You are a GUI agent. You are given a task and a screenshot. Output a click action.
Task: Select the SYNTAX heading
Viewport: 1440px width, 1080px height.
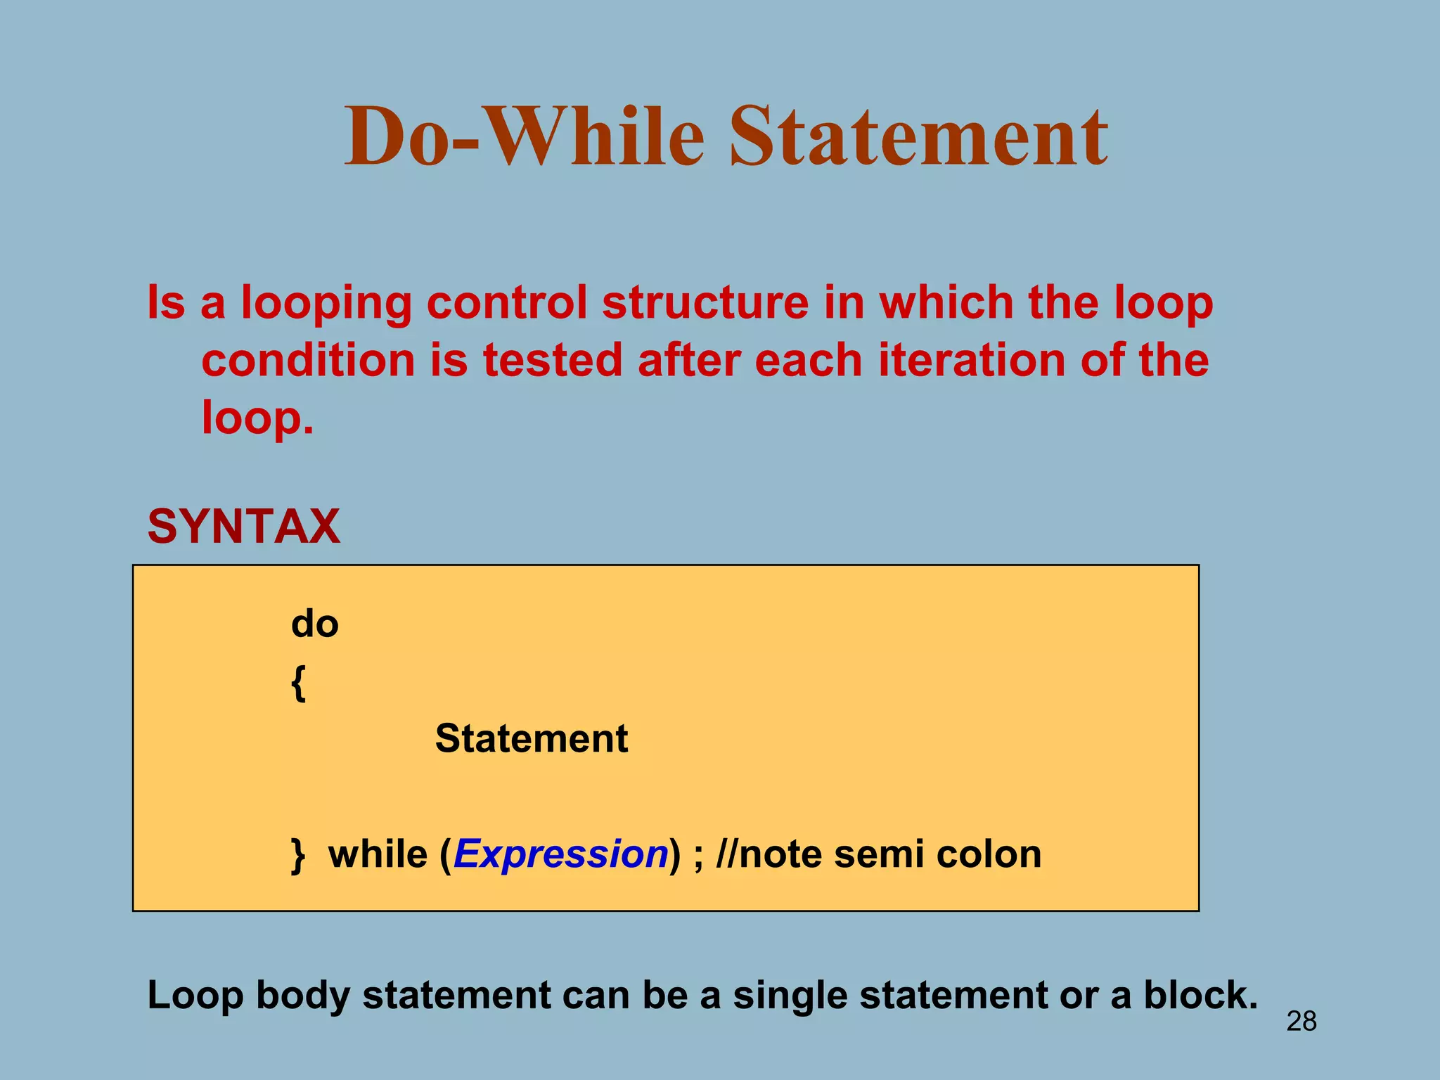click(243, 526)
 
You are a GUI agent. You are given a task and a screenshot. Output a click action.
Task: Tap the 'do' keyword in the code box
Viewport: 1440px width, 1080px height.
click(314, 624)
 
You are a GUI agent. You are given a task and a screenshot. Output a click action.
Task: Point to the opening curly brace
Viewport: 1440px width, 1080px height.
click(298, 683)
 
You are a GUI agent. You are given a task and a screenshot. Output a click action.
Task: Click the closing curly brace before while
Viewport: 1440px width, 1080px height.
click(298, 855)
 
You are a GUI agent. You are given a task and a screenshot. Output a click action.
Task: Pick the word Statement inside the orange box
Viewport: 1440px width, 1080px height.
click(531, 739)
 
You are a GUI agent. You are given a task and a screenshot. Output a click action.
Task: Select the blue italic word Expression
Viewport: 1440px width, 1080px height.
click(560, 854)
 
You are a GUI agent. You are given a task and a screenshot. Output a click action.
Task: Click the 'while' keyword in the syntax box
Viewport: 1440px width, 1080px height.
click(378, 854)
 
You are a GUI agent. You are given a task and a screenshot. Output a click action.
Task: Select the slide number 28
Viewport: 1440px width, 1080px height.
click(1301, 1021)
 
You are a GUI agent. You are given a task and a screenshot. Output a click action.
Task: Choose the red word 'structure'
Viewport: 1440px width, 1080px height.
click(705, 302)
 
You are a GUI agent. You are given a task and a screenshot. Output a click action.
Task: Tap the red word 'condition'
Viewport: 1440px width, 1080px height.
click(308, 360)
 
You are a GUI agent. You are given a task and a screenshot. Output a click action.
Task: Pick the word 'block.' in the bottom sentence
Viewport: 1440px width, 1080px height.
click(1200, 996)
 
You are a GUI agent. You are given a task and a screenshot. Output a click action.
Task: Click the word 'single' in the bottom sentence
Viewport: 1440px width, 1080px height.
click(790, 997)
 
